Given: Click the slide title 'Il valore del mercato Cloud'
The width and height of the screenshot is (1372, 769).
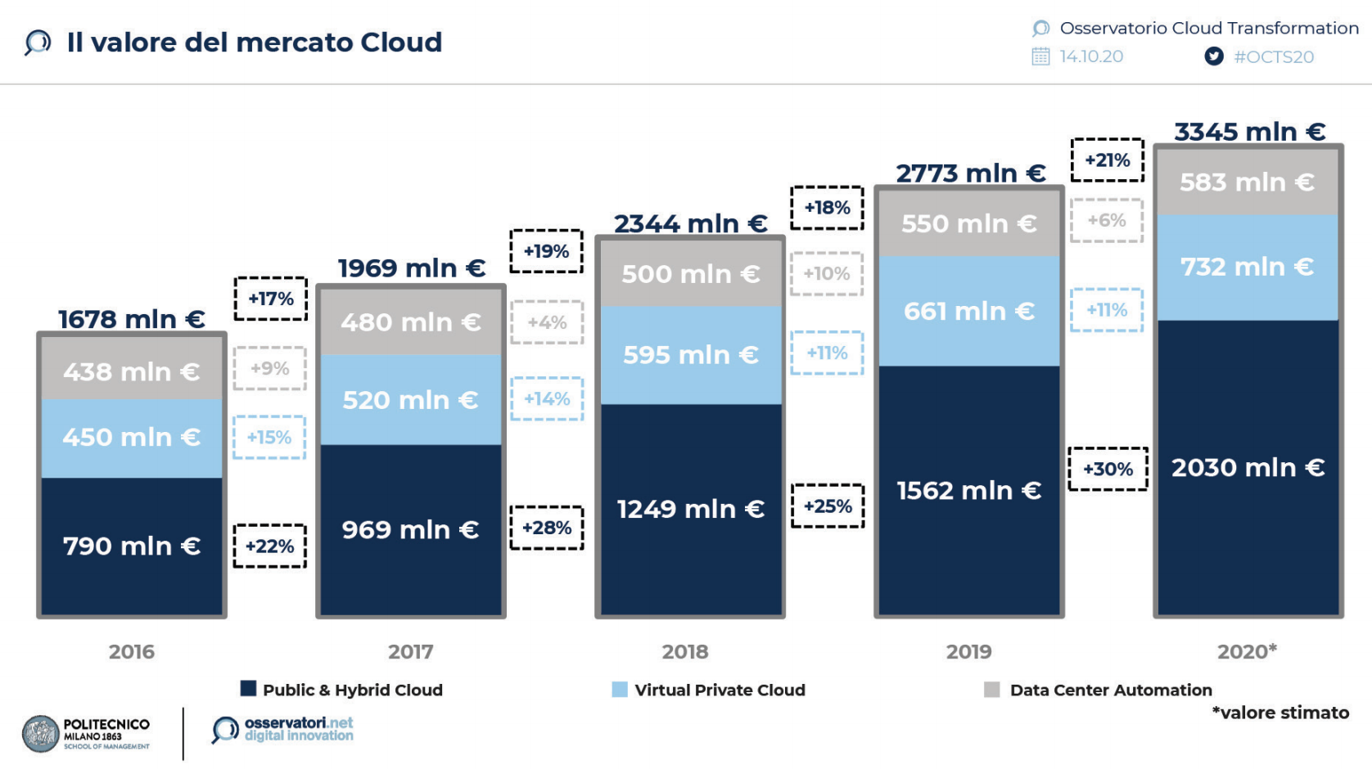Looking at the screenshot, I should (254, 43).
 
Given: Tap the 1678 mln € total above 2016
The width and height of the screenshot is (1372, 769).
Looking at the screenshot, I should (131, 319).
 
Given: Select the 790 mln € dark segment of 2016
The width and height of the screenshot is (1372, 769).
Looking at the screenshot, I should (131, 546).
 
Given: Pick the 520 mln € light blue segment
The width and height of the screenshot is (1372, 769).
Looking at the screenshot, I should (410, 400).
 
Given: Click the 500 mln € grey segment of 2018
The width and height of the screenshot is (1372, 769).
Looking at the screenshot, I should (690, 274).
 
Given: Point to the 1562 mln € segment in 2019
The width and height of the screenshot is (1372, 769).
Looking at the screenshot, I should (968, 491).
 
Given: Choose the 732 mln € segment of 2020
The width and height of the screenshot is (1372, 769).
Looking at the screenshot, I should (1247, 267).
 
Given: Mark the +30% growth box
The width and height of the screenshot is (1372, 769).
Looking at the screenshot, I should (1108, 470).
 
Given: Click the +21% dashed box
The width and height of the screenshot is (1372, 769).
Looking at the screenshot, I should (1107, 160).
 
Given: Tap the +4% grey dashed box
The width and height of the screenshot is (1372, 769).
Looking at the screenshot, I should (547, 322).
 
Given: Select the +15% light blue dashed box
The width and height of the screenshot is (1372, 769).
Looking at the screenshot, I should (269, 438).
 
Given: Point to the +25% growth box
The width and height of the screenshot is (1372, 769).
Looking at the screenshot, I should (828, 506).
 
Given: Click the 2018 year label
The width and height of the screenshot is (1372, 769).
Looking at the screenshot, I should (685, 652).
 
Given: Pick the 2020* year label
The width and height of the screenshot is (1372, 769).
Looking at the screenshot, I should (1247, 652).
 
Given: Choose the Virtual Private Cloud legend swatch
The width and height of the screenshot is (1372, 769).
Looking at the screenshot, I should (620, 690).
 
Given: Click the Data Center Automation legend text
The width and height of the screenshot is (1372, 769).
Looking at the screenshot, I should (1111, 690).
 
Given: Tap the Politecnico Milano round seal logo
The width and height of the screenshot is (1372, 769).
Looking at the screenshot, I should (41, 734).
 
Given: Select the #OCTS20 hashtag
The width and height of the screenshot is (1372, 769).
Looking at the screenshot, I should (1274, 57).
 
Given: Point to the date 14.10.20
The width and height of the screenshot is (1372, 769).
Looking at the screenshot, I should (1091, 56).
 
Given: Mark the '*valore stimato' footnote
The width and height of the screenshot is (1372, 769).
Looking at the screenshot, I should (1280, 713).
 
